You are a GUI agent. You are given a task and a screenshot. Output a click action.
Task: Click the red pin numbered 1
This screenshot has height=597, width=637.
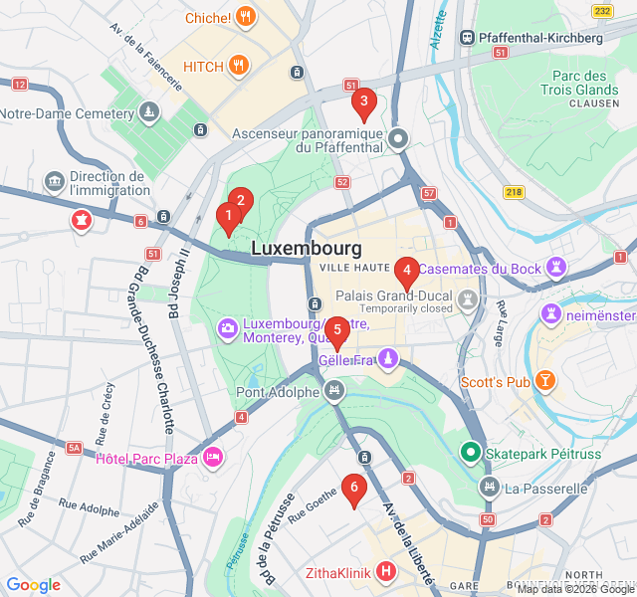[228, 215]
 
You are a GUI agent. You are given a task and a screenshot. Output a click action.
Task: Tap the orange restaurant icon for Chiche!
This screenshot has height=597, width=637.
[247, 17]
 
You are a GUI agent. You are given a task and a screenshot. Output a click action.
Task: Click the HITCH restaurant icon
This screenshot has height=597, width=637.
[238, 67]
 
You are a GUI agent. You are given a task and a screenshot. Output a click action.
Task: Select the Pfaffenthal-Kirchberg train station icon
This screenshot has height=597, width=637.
[467, 38]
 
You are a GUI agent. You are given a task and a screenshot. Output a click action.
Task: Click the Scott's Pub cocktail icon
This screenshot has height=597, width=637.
[545, 381]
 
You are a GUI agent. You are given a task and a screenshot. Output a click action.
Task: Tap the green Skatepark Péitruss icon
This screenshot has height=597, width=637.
[470, 453]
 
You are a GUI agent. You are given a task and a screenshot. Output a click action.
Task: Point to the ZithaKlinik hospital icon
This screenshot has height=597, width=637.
[385, 573]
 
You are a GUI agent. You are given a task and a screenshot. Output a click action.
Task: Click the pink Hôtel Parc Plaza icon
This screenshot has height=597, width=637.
[212, 458]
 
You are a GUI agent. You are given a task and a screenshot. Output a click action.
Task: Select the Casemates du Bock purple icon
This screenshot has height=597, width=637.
[556, 269]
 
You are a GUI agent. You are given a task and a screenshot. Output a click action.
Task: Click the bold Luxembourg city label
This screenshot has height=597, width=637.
[306, 248]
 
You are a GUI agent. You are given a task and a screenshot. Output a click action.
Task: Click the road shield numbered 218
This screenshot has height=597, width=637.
[514, 191]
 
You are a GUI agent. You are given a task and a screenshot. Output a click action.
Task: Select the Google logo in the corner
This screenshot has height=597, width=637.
[33, 586]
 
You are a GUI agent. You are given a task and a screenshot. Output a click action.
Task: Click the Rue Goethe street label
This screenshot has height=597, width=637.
[312, 511]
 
